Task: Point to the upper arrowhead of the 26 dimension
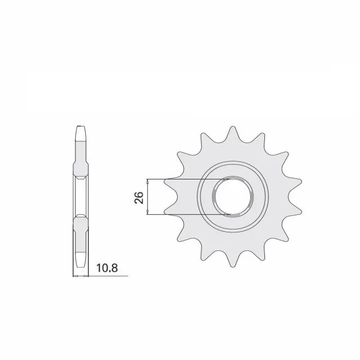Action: pyautogui.click(x=147, y=181)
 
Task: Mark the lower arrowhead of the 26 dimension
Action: pyautogui.click(x=147, y=213)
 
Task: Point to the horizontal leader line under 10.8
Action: pyautogui.click(x=107, y=276)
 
